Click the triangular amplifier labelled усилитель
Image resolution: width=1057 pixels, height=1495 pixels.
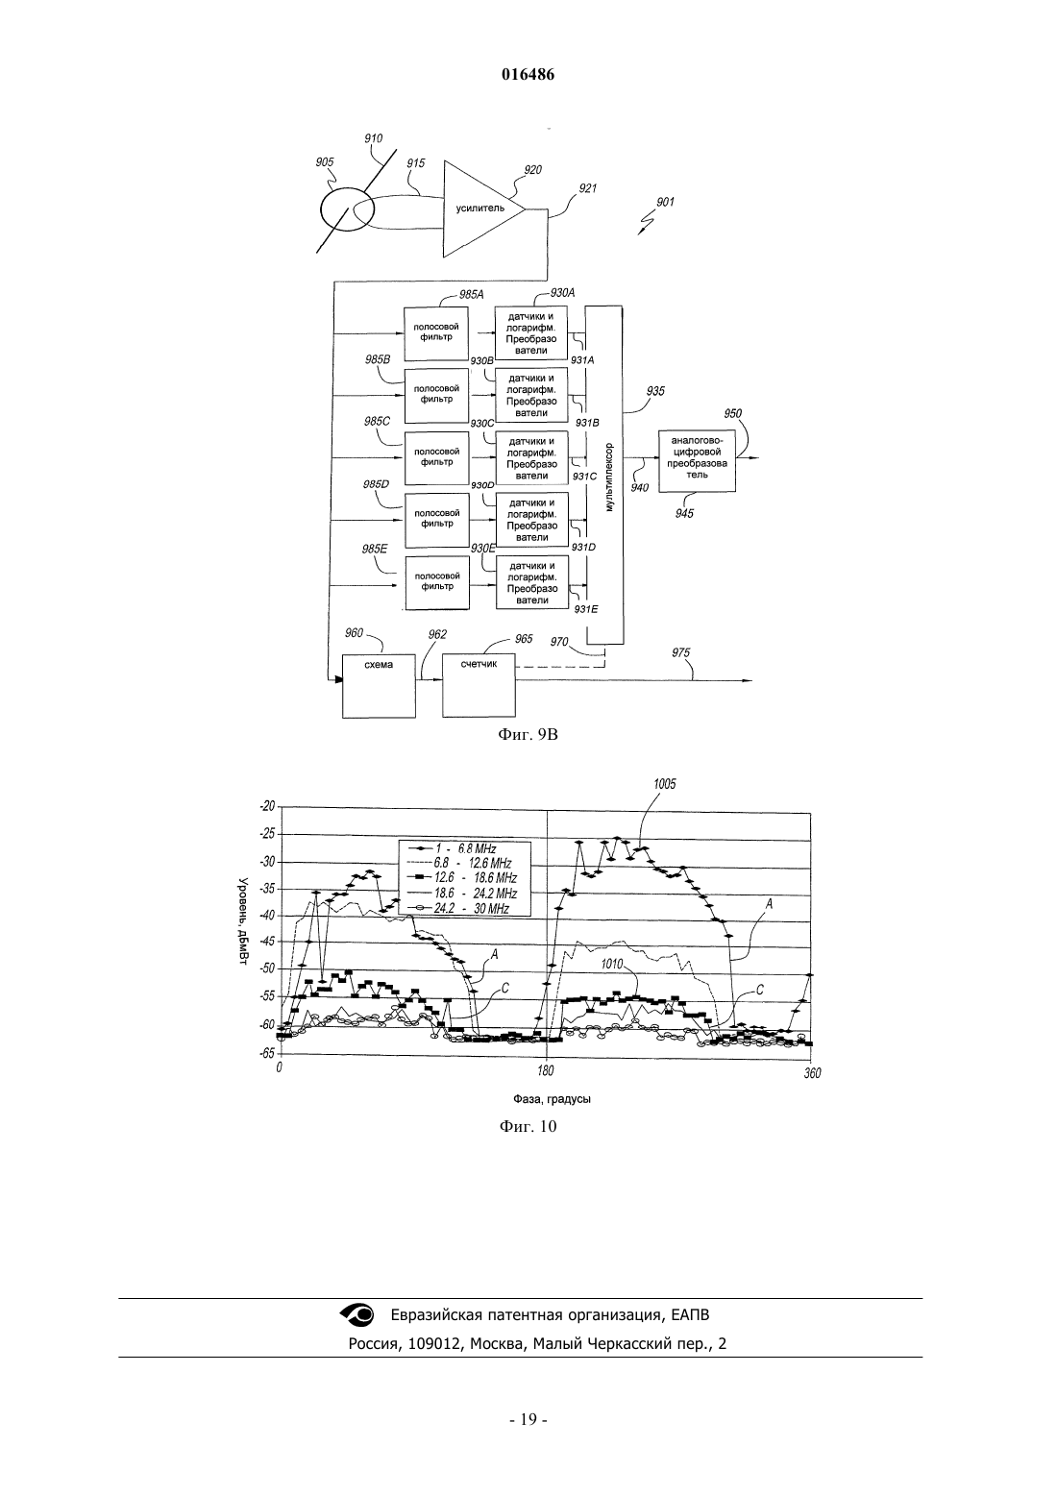[480, 208]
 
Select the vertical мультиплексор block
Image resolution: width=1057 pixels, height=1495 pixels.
[604, 475]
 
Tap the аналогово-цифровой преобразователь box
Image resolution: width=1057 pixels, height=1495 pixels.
[697, 461]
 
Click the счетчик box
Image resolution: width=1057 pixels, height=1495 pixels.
[479, 685]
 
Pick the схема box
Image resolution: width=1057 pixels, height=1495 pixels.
[379, 686]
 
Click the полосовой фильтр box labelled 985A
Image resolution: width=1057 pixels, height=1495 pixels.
[435, 331]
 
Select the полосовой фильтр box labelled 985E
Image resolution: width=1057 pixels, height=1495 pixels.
[436, 582]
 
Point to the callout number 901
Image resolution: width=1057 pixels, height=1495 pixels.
[665, 202]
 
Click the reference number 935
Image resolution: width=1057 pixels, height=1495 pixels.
[655, 391]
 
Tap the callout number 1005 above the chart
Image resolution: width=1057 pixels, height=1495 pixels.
[665, 784]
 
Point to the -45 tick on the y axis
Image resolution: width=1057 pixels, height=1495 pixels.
[266, 942]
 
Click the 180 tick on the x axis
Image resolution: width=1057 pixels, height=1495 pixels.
[546, 1070]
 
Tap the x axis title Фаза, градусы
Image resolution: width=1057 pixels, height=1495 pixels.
[552, 1098]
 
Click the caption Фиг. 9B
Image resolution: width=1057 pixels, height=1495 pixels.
[528, 735]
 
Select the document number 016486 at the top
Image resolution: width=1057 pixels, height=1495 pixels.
[528, 75]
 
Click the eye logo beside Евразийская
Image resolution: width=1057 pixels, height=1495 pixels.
[358, 1314]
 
